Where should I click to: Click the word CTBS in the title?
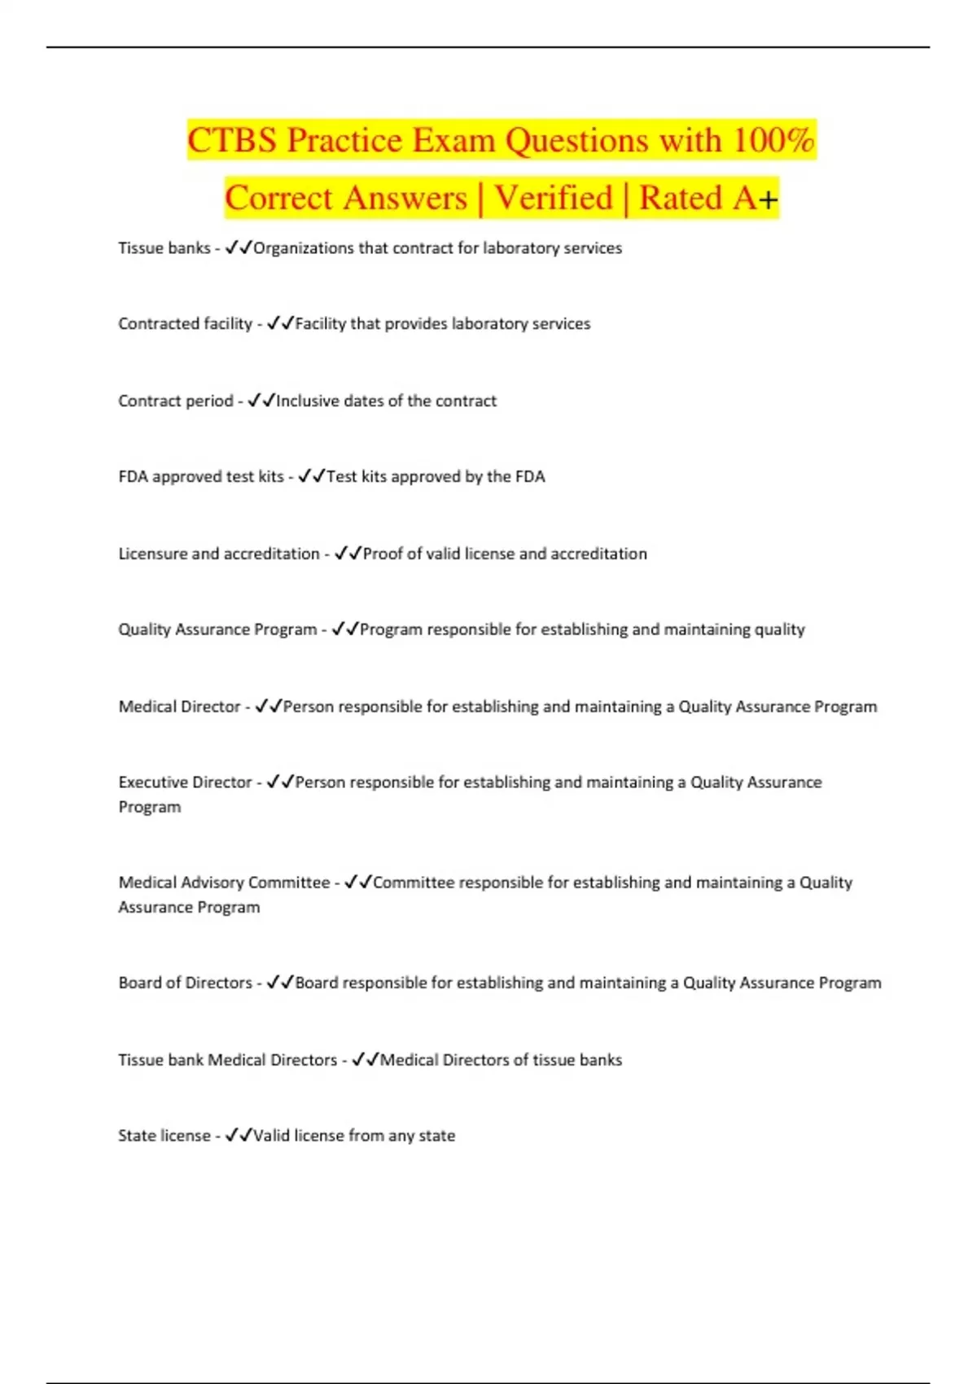tap(232, 140)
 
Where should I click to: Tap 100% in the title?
tap(773, 140)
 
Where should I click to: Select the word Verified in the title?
tap(554, 198)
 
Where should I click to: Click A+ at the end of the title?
tap(756, 198)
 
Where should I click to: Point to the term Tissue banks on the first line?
tap(164, 247)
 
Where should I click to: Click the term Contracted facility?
tap(185, 323)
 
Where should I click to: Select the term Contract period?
tap(175, 401)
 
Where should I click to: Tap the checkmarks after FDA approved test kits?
tap(312, 476)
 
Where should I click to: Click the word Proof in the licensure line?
tap(383, 554)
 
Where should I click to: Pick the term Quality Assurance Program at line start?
tap(217, 629)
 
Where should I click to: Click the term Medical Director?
tap(179, 707)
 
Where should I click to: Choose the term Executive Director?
tap(185, 782)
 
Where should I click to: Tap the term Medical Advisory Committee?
tap(224, 883)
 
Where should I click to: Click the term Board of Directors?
tap(185, 983)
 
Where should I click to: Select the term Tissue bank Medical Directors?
tap(227, 1060)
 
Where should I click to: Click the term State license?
tap(164, 1136)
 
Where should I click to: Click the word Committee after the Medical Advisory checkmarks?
tap(414, 883)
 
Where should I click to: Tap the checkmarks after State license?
tap(239, 1136)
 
